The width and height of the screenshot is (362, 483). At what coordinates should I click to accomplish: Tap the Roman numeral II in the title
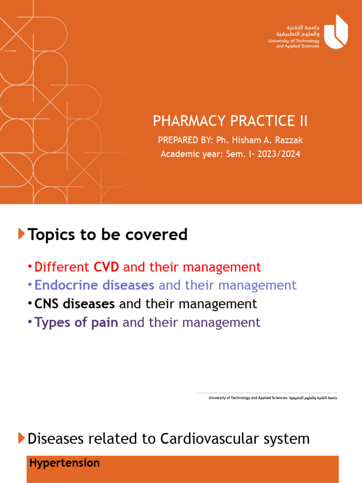pos(302,121)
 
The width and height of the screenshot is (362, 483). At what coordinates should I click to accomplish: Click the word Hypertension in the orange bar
pos(65,463)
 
